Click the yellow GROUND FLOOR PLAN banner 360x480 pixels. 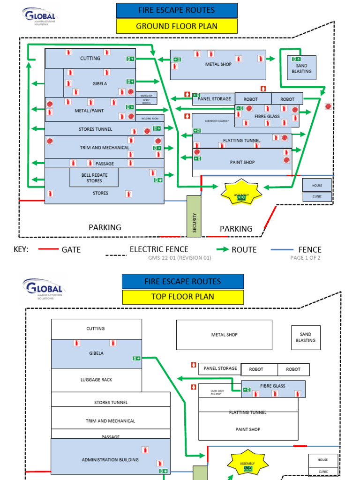(177, 26)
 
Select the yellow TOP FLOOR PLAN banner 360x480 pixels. (183, 297)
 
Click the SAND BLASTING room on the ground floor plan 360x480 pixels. (301, 68)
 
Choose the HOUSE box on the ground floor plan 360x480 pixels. (317, 186)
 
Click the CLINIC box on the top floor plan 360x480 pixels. (323, 472)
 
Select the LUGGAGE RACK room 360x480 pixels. (96, 380)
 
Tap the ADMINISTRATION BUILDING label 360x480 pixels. (110, 460)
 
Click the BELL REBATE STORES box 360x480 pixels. (94, 178)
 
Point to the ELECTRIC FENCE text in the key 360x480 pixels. (159, 249)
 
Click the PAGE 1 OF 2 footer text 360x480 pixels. (305, 258)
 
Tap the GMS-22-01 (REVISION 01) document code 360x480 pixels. (180, 258)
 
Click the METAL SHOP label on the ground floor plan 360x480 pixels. (218, 64)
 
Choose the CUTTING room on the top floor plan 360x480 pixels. (96, 329)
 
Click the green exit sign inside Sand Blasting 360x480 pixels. (296, 59)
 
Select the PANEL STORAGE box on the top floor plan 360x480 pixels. (220, 368)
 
